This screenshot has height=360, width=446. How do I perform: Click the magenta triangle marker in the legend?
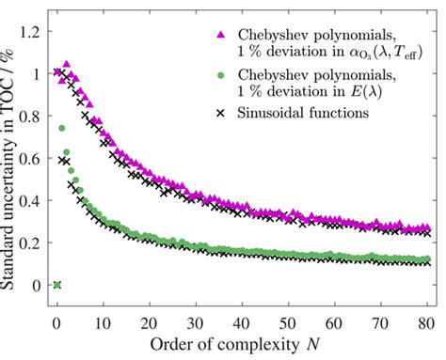tap(222, 34)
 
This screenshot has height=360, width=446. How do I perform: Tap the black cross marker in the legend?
tap(222, 113)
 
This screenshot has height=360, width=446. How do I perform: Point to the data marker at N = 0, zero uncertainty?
tap(57, 285)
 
